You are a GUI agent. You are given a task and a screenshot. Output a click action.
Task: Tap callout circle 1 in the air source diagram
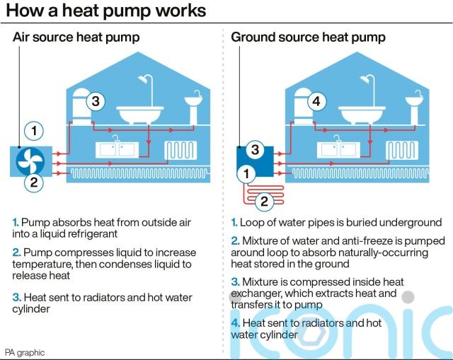[x=33, y=131]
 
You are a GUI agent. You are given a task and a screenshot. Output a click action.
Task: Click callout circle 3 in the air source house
[x=98, y=102]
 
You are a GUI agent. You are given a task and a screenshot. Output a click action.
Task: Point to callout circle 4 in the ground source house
[x=316, y=102]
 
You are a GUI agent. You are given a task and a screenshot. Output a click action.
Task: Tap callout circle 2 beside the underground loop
[x=263, y=202]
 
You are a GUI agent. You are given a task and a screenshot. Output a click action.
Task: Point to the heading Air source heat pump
[x=76, y=36]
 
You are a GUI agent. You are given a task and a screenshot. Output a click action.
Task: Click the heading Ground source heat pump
[x=308, y=36]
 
